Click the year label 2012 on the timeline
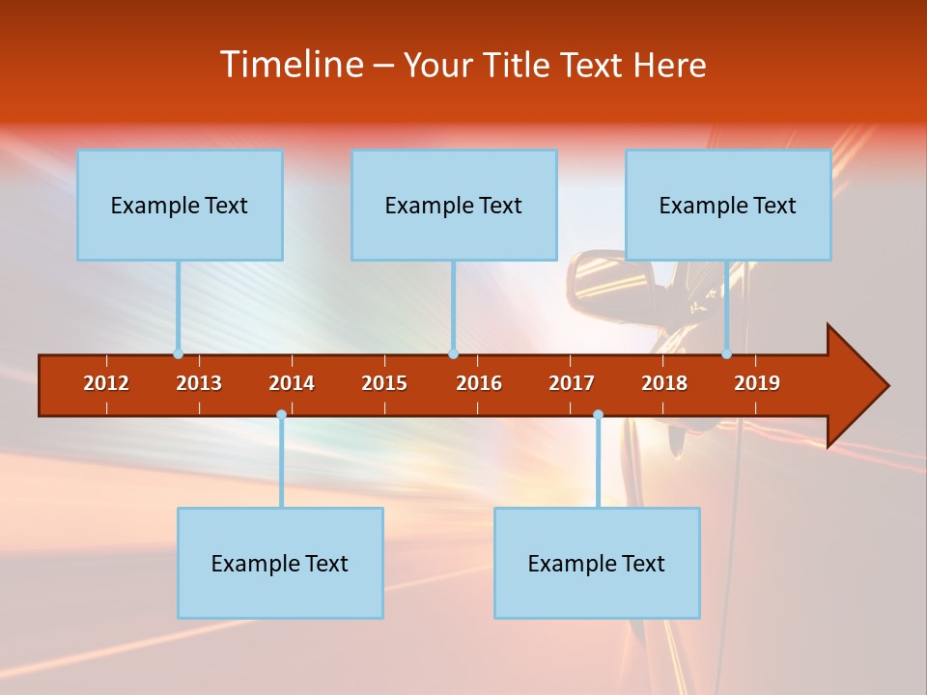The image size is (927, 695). coord(106,383)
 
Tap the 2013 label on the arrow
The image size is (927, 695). coord(199,383)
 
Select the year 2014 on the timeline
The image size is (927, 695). coord(292,383)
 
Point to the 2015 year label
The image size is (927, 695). coord(384,383)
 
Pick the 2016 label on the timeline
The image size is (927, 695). coord(479,383)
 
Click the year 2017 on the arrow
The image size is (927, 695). coord(572,383)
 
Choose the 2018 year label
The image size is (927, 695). coord(664,383)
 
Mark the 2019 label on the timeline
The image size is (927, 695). coord(757,383)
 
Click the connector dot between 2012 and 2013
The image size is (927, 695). coord(178,353)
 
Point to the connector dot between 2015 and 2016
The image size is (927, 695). coord(453,353)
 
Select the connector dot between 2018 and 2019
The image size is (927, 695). coord(727,353)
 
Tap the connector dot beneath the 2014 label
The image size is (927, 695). coord(281,415)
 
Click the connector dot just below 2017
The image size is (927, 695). coord(598,415)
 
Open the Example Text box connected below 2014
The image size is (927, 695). coord(280,563)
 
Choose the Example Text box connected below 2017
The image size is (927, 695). coord(597,563)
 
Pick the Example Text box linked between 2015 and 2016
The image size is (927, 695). coord(454,205)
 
